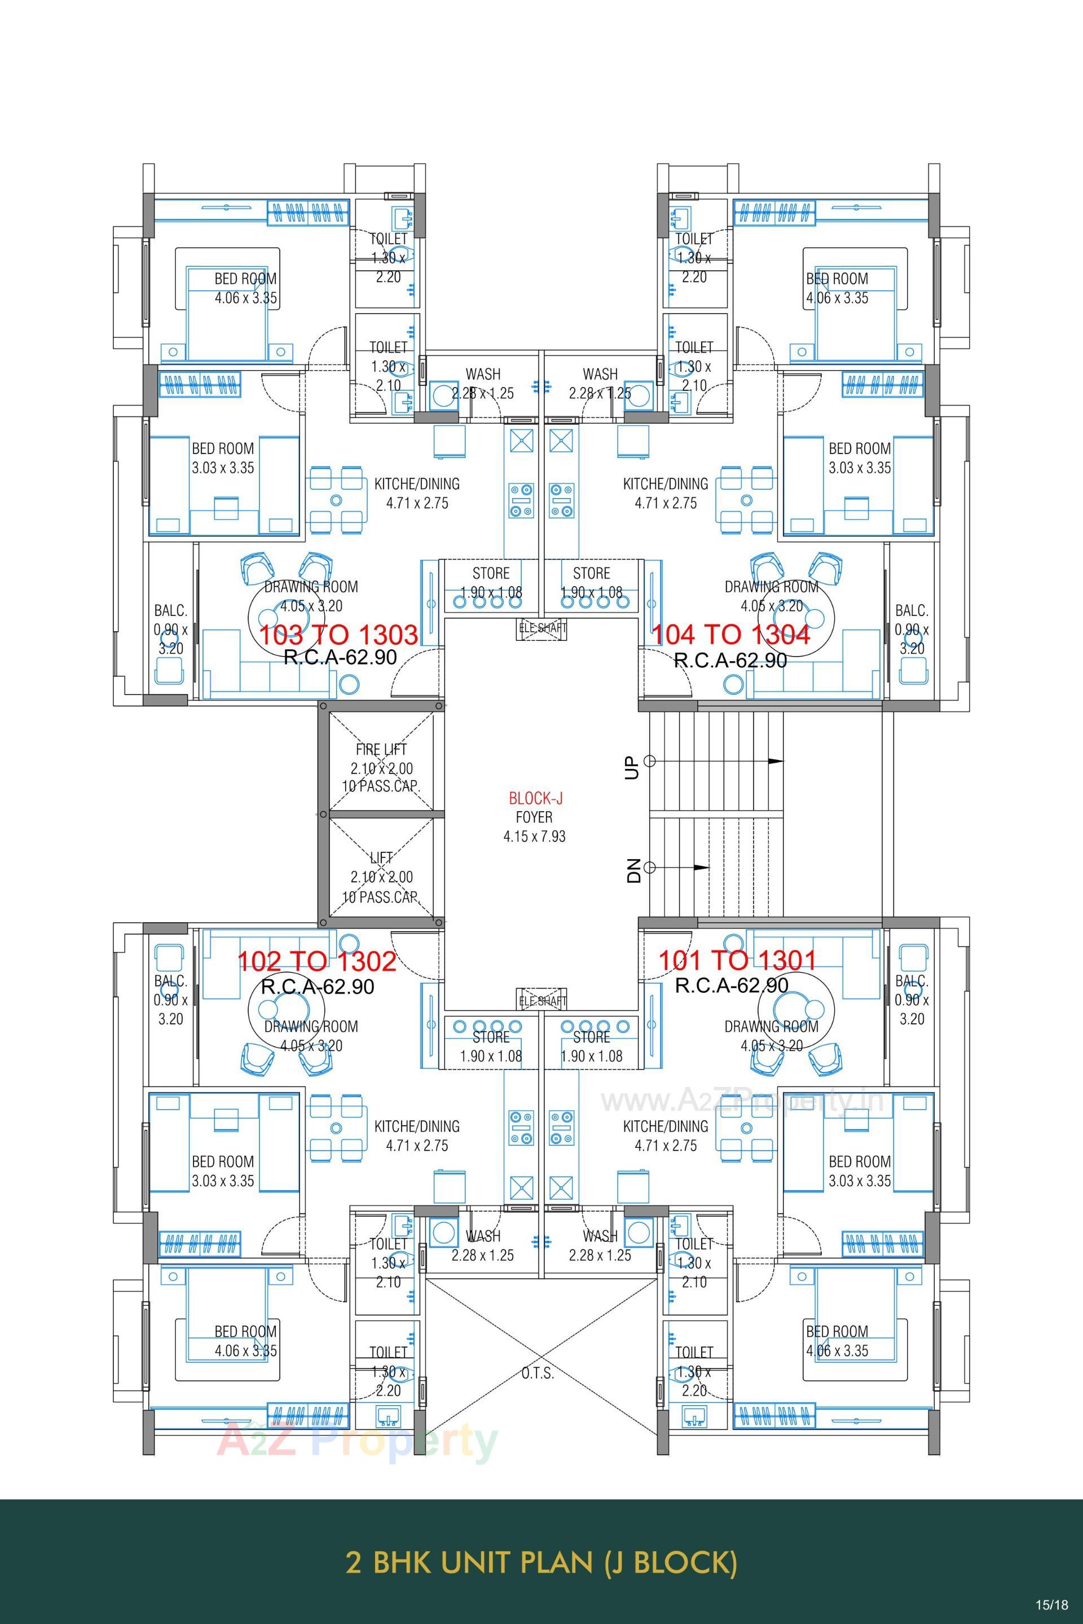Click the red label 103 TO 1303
[338, 634]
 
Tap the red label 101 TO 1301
[737, 960]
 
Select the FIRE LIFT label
[381, 749]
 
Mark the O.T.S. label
[538, 1372]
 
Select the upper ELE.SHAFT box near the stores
[542, 628]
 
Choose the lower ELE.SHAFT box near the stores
[542, 1000]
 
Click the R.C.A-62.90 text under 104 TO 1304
[730, 661]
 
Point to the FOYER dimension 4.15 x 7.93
[534, 836]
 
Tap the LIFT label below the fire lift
[381, 858]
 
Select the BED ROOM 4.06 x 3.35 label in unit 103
[245, 288]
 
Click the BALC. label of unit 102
[170, 980]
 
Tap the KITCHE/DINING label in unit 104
[665, 483]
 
